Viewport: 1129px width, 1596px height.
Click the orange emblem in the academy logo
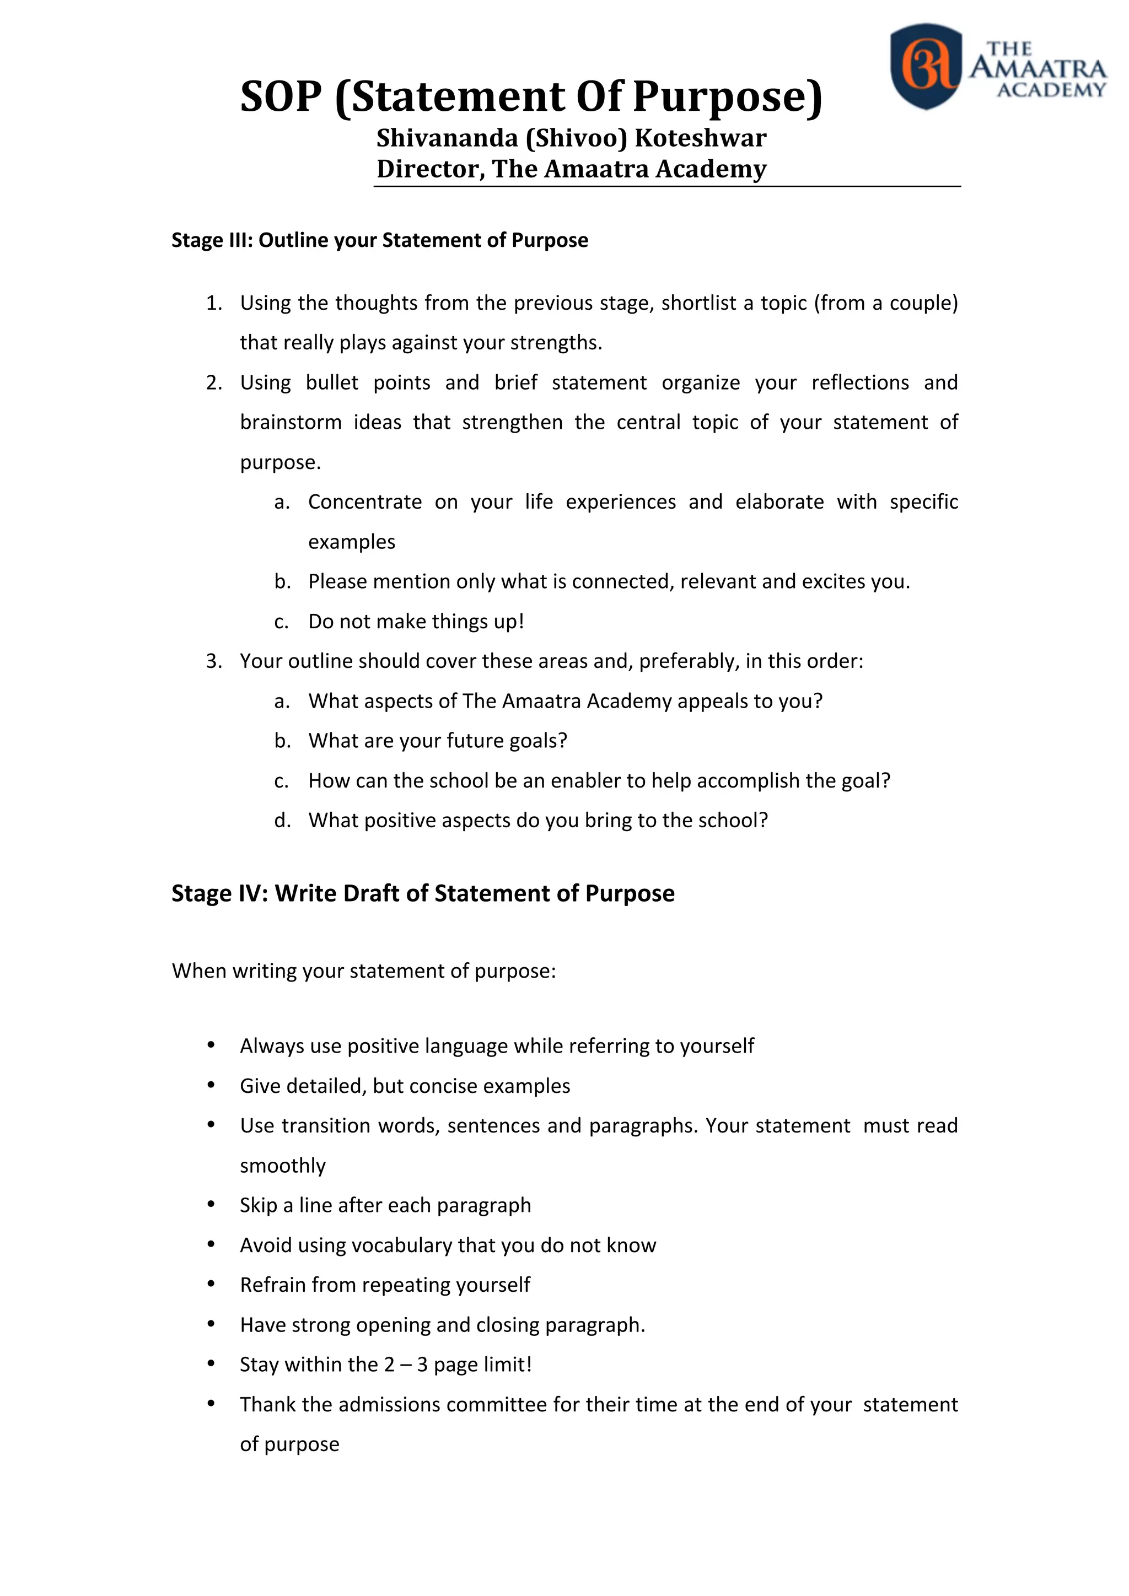926,66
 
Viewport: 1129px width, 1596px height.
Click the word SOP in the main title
281,96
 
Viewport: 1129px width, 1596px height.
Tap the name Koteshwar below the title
700,138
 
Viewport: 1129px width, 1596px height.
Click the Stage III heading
380,240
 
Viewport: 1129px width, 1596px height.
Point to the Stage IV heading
423,893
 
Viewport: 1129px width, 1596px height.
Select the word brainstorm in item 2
291,422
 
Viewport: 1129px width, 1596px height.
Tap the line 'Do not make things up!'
416,622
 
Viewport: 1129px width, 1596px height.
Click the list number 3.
213,661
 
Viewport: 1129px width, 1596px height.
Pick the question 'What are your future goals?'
438,741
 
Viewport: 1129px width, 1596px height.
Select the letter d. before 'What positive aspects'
282,821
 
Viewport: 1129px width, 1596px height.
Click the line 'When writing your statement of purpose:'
364,971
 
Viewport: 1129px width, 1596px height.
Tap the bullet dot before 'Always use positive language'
211,1045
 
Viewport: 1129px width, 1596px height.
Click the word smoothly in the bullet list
282,1166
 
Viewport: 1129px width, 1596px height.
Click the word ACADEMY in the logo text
1050,90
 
